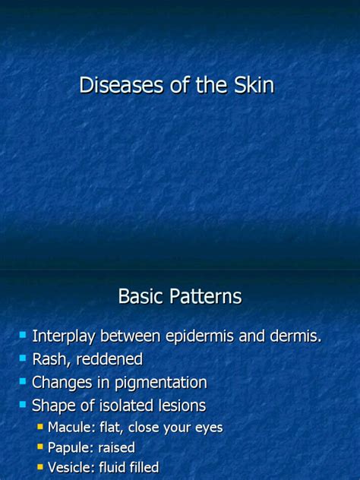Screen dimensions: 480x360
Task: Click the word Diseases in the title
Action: coord(114,86)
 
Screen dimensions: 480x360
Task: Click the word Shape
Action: coord(53,406)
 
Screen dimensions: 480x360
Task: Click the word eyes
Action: coord(207,428)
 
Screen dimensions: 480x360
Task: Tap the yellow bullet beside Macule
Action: coord(41,428)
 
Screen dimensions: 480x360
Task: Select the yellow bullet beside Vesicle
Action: coord(41,468)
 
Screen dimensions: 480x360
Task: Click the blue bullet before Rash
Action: coord(24,358)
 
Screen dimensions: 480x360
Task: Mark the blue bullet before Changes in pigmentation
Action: coord(24,381)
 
